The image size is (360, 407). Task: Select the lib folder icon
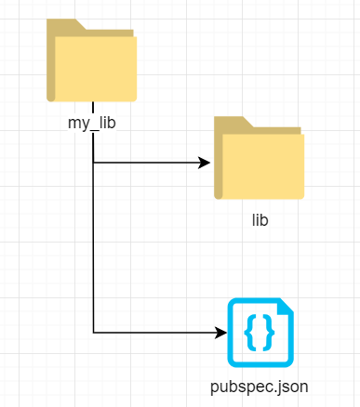tap(260, 160)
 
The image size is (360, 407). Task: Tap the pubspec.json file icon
tap(260, 333)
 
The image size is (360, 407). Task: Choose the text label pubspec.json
tap(260, 386)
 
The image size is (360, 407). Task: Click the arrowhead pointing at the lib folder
tap(205, 164)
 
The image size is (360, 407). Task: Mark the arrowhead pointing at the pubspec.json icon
tap(220, 332)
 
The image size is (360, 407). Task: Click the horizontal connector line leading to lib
tap(149, 164)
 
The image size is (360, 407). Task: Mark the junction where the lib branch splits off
tap(94, 164)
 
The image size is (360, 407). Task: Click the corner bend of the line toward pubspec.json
tap(94, 332)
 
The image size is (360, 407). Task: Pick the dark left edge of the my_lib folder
tap(51, 65)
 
